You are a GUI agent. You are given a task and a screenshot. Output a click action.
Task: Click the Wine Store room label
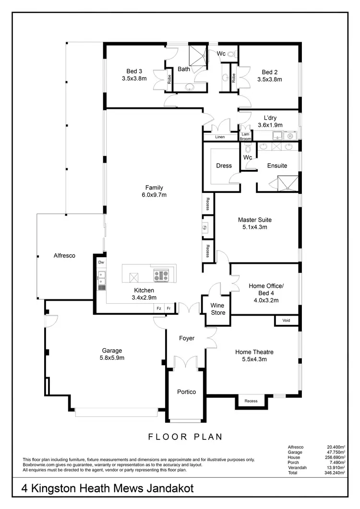pyautogui.click(x=218, y=309)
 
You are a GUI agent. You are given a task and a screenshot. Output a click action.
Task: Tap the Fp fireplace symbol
pyautogui.click(x=204, y=227)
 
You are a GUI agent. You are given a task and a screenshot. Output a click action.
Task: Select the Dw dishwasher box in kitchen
pyautogui.click(x=101, y=262)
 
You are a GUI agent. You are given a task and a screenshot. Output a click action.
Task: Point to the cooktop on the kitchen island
pyautogui.click(x=161, y=276)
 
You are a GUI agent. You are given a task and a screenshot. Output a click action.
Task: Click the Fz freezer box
pyautogui.click(x=158, y=308)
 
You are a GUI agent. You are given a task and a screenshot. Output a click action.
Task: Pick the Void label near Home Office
pyautogui.click(x=287, y=320)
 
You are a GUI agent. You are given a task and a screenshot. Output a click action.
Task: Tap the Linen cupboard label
pyautogui.click(x=220, y=137)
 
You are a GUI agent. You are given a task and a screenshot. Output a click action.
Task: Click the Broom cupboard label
pyautogui.click(x=245, y=139)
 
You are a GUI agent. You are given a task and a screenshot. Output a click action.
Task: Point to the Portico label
pyautogui.click(x=186, y=392)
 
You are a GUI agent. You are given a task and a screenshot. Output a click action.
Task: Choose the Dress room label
pyautogui.click(x=224, y=166)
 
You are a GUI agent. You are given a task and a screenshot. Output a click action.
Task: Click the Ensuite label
pyautogui.click(x=277, y=166)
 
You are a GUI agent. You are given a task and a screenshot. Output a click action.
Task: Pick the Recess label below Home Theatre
pyautogui.click(x=251, y=401)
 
